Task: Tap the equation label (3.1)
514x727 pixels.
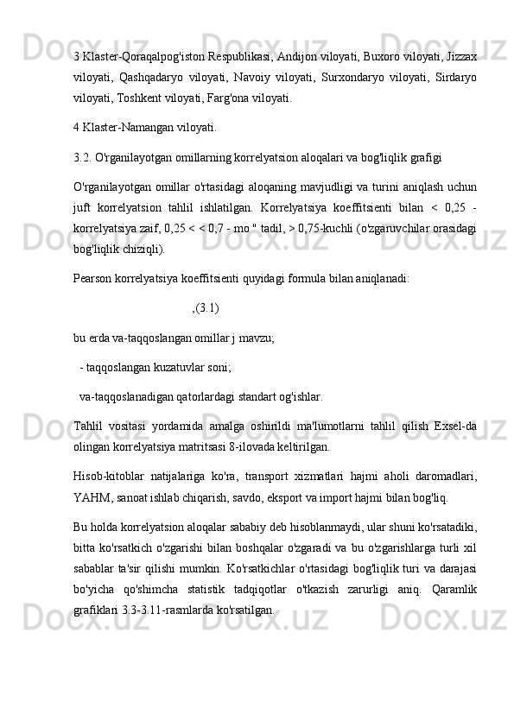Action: click(x=207, y=307)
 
